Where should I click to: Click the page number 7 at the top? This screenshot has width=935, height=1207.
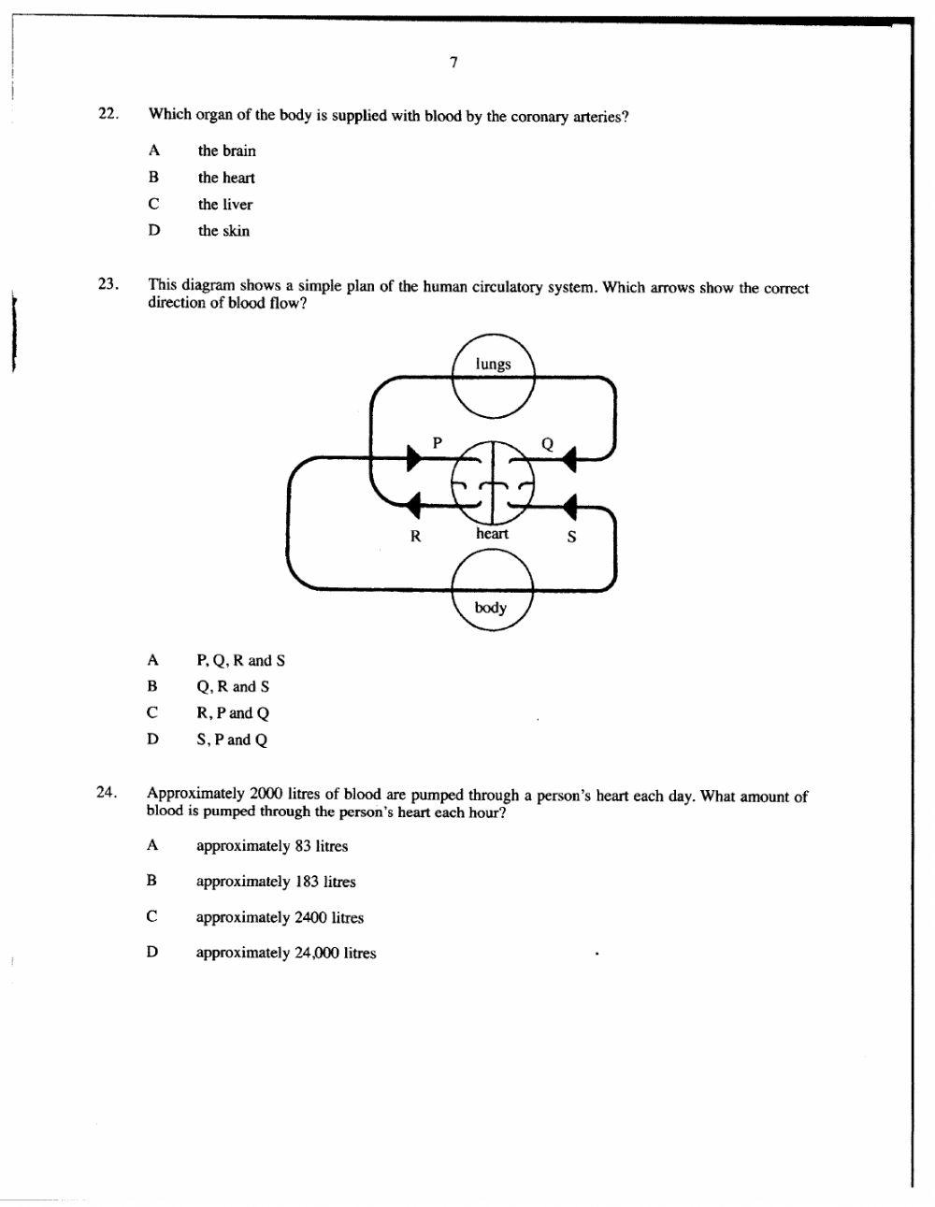[x=453, y=63]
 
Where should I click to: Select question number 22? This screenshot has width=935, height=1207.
[x=108, y=113]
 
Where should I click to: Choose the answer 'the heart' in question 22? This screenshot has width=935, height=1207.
[x=225, y=178]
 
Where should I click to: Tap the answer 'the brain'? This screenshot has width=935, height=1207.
[x=226, y=151]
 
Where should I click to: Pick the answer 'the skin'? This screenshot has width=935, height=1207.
[x=223, y=231]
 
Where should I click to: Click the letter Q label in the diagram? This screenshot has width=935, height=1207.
[x=548, y=444]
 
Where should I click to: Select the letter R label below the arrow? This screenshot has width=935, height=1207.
[x=416, y=537]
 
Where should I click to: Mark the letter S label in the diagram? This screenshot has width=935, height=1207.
[x=571, y=537]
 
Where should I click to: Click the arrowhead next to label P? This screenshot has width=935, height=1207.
[x=412, y=457]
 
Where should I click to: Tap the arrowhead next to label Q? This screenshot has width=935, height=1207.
[x=569, y=456]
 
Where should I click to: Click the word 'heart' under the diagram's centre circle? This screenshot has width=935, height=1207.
[x=492, y=534]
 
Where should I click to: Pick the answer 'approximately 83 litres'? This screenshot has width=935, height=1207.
[x=271, y=846]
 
